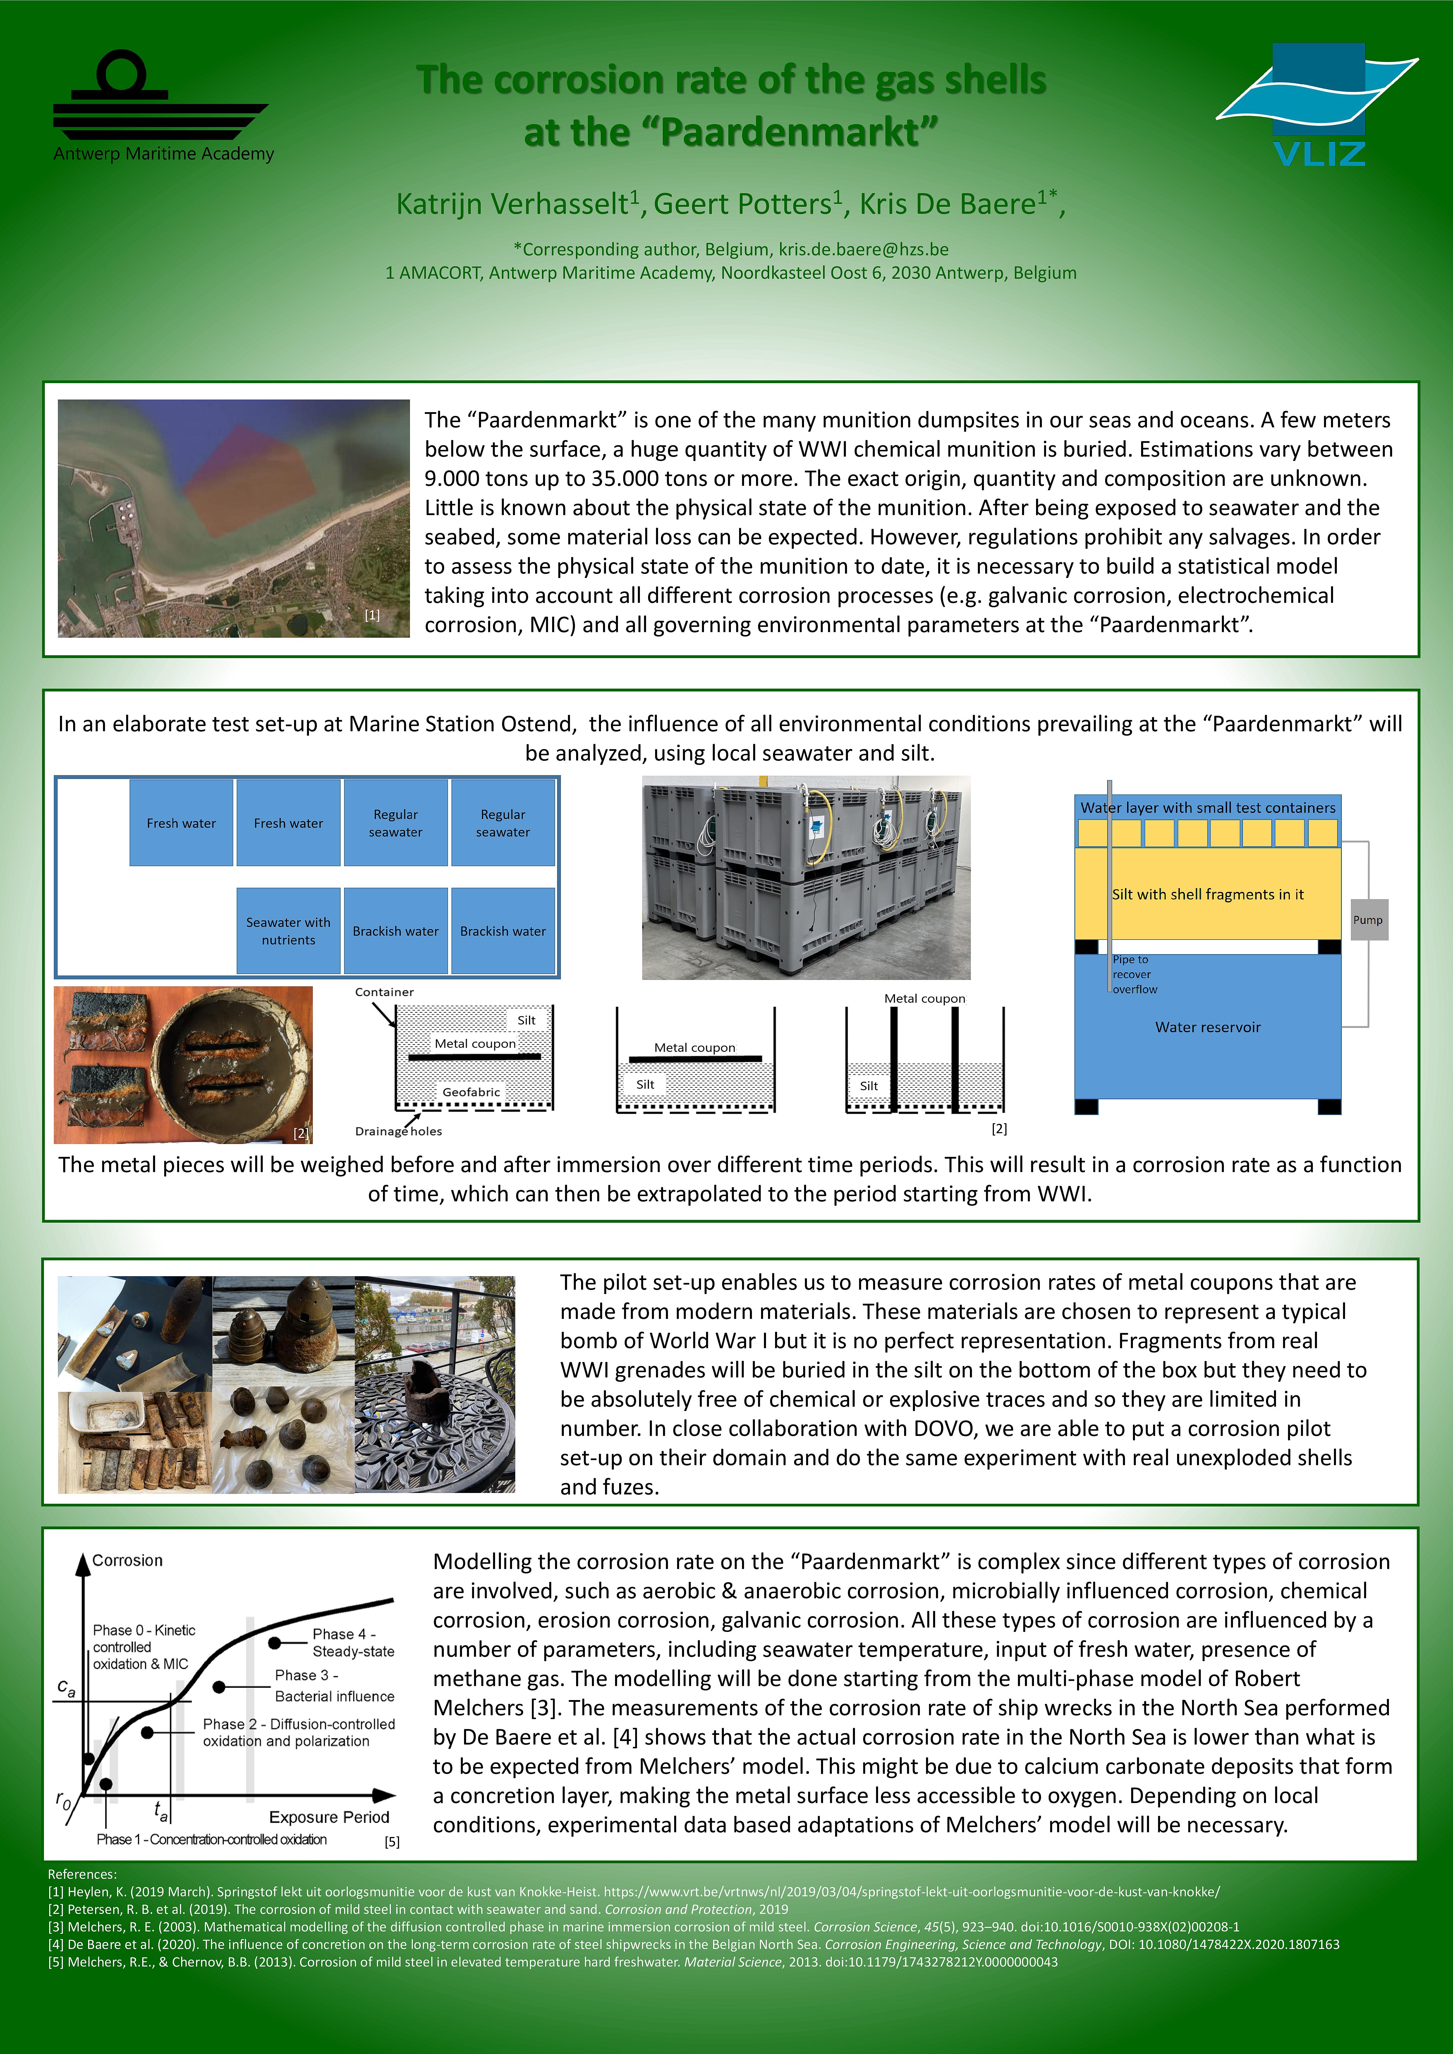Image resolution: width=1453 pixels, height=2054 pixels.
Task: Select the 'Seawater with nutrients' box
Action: pos(288,930)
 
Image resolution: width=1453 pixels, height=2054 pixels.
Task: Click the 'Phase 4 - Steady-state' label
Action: pos(353,1642)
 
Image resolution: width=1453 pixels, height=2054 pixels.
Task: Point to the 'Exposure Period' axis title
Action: pos(329,1817)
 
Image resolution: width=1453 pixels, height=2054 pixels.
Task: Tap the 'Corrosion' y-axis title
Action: pos(127,1560)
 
